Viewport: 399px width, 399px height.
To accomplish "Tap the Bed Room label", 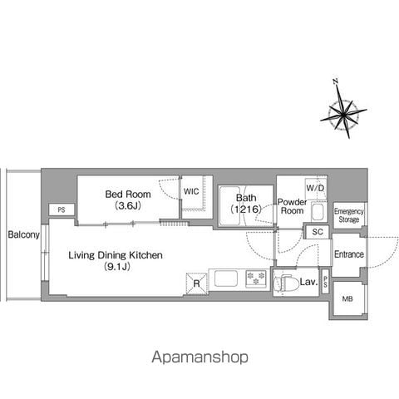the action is pos(128,195).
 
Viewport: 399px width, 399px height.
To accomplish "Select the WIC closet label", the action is pos(191,191).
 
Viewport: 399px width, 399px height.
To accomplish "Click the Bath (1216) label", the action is pos(246,204).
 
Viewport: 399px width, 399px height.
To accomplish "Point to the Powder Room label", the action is pos(292,206).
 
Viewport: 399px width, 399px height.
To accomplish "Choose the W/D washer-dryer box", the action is pos(316,189).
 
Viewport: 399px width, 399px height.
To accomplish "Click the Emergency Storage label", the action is pos(349,215).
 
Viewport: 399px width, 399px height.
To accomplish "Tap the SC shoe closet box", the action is pos(318,232).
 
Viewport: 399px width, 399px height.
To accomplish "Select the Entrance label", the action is pos(349,254).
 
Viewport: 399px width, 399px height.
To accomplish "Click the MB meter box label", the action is pos(347,298).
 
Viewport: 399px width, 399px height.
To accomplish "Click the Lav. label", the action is pos(308,282).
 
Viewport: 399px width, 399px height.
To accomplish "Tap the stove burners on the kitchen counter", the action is pos(256,278).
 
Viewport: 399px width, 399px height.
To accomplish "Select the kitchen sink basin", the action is pos(226,278).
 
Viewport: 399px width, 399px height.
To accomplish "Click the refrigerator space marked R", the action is pos(196,283).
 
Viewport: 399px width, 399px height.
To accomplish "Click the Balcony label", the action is pos(23,235).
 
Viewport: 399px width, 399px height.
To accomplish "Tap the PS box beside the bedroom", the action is pos(62,209).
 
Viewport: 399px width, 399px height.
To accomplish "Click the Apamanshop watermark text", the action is pos(199,357).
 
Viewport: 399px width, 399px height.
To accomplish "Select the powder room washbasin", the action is pos(318,212).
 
